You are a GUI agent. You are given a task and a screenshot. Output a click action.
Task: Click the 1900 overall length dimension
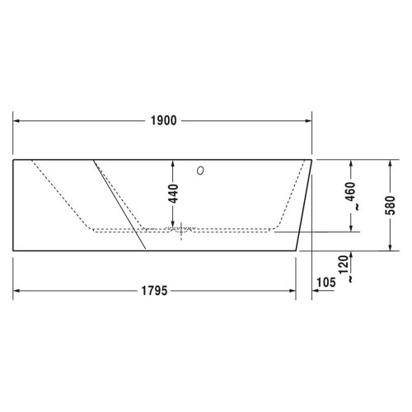coord(163,121)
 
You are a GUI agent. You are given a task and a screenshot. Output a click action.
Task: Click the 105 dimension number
coord(327,282)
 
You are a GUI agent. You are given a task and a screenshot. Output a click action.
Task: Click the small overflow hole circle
coord(199,171)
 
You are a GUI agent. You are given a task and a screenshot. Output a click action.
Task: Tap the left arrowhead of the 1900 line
coord(16,121)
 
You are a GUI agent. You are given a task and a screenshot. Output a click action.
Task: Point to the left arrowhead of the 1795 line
coord(16,290)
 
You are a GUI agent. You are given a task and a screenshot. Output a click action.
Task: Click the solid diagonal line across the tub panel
coord(120,203)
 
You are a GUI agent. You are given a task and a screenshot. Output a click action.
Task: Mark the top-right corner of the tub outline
coord(312,159)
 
